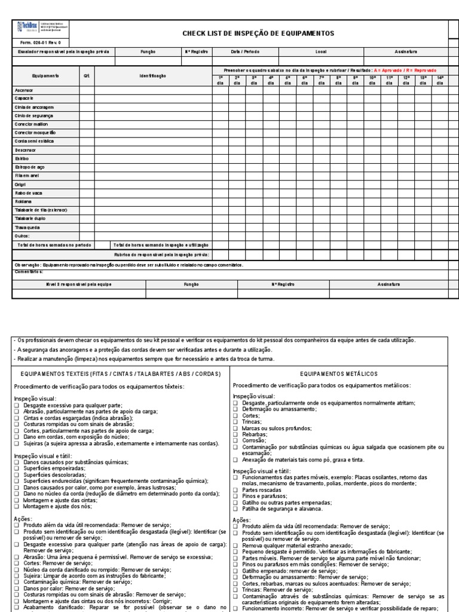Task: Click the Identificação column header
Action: pos(153,76)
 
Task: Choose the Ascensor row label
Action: pos(25,90)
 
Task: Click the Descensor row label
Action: pos(26,149)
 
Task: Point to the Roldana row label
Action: pos(24,201)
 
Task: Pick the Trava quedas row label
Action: pos(27,227)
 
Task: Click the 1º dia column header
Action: pos(220,81)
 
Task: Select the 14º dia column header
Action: pos(440,81)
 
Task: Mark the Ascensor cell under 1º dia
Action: pos(220,90)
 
